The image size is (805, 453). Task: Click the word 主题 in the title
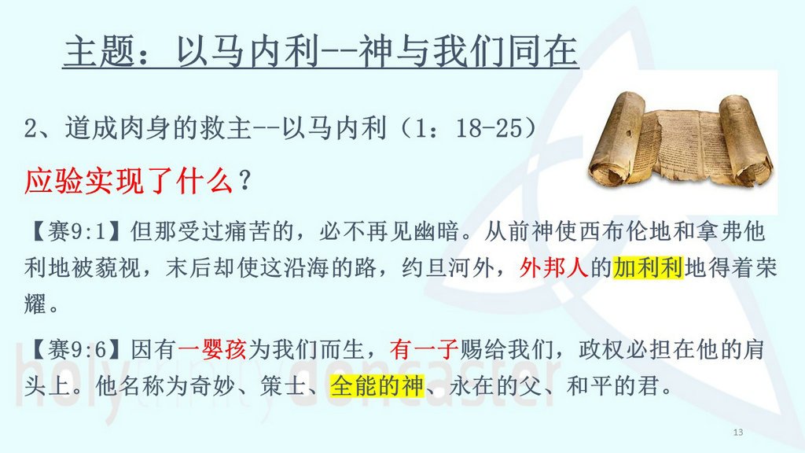point(101,51)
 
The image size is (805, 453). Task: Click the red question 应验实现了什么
point(128,181)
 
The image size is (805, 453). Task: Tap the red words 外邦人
point(553,267)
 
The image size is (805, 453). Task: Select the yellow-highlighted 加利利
point(648,267)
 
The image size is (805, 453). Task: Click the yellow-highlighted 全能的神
point(377,386)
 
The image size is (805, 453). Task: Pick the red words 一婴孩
point(212,350)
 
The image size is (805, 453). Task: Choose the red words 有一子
point(424,350)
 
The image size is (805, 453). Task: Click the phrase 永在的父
point(495,386)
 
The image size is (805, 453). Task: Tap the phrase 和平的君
point(613,386)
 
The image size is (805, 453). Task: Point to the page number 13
point(737,433)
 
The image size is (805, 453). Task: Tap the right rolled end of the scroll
point(744,140)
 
